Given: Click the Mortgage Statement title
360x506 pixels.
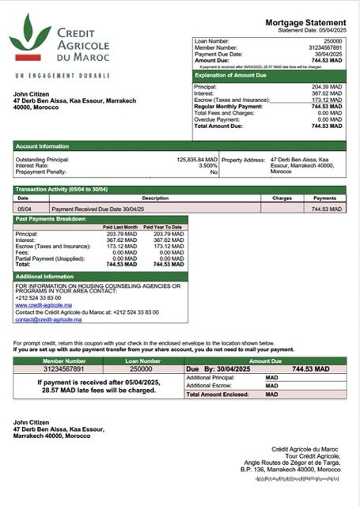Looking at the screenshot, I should coord(305,23).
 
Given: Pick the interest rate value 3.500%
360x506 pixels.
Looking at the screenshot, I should coord(207,165).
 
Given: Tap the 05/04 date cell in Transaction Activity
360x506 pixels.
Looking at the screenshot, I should coord(24,209).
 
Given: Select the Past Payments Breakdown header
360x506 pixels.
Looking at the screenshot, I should coord(51,217).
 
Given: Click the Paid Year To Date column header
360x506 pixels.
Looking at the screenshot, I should coord(165,227).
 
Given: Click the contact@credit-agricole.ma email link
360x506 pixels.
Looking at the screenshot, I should coord(48,319).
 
